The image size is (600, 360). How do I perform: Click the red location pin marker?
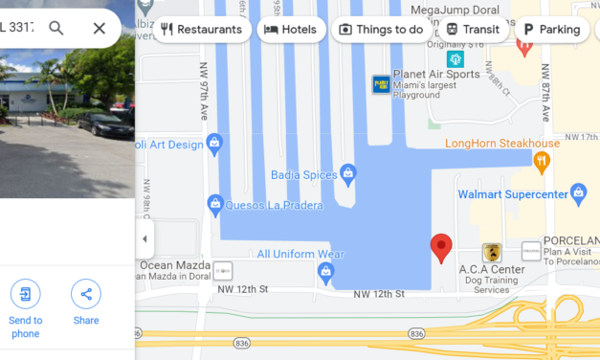[441, 247]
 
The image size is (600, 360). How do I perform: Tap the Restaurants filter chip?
[201, 29]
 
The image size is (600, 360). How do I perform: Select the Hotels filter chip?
[291, 29]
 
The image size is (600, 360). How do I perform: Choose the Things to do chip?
[381, 29]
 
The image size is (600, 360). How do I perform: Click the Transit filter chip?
[472, 29]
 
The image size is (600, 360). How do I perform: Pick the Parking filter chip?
[551, 29]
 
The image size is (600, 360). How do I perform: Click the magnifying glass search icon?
[56, 28]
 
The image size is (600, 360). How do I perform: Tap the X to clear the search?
[99, 28]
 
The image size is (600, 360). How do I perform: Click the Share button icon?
[86, 294]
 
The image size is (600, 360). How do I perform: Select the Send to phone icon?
[26, 294]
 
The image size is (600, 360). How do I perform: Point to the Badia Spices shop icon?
[348, 174]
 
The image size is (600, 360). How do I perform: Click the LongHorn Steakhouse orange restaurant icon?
[541, 161]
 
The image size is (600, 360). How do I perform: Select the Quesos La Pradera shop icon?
[216, 204]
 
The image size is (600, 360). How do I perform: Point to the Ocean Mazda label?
[174, 265]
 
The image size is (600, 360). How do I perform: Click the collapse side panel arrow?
[144, 238]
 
